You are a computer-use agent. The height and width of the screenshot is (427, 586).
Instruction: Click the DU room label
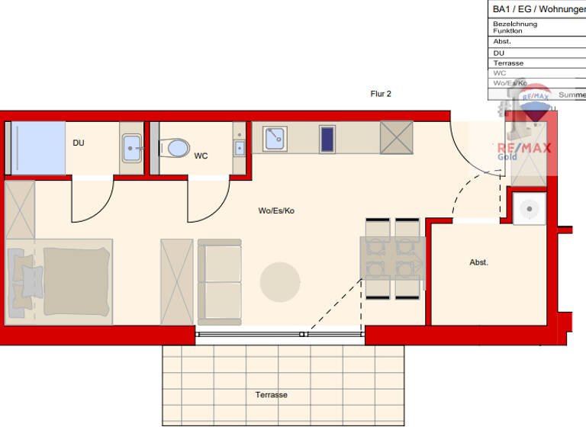coord(79,143)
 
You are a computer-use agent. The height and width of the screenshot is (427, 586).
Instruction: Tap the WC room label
coord(201,156)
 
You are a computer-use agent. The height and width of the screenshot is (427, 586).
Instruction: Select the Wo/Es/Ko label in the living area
coord(276,210)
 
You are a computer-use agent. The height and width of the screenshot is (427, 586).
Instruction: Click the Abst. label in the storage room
coord(478,262)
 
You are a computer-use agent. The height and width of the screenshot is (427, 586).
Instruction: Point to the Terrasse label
coord(272,395)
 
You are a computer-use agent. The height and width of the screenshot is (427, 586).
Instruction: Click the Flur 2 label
coord(381,94)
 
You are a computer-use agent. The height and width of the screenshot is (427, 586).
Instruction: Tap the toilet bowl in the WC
coord(175,147)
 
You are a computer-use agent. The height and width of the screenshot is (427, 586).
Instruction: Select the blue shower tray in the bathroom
coord(38,148)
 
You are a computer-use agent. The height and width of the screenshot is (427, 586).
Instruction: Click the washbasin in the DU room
coord(131,147)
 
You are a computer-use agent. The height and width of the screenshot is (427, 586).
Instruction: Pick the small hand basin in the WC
coord(240,147)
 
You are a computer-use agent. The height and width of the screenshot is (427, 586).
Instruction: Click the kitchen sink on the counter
coord(275,139)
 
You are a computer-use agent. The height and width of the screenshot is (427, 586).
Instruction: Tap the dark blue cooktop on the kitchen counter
coord(327,140)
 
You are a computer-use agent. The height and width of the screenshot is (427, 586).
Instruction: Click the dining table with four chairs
coord(391,258)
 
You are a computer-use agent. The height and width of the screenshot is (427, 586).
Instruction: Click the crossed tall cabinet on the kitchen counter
coord(396,138)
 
